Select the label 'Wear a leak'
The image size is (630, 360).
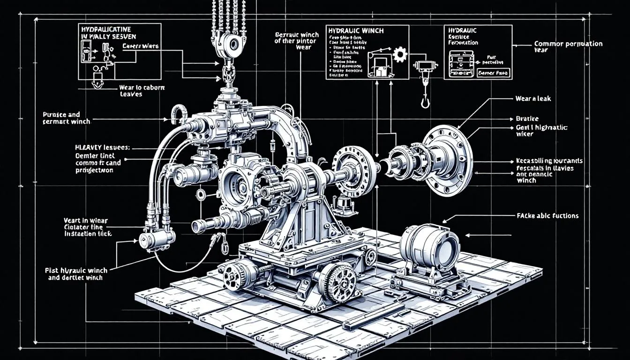(527, 99)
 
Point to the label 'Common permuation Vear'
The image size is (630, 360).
(568, 47)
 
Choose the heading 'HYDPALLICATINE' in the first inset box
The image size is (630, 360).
(106, 29)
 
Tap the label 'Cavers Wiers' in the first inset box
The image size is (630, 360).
(141, 46)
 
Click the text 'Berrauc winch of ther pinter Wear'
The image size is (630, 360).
(297, 41)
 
